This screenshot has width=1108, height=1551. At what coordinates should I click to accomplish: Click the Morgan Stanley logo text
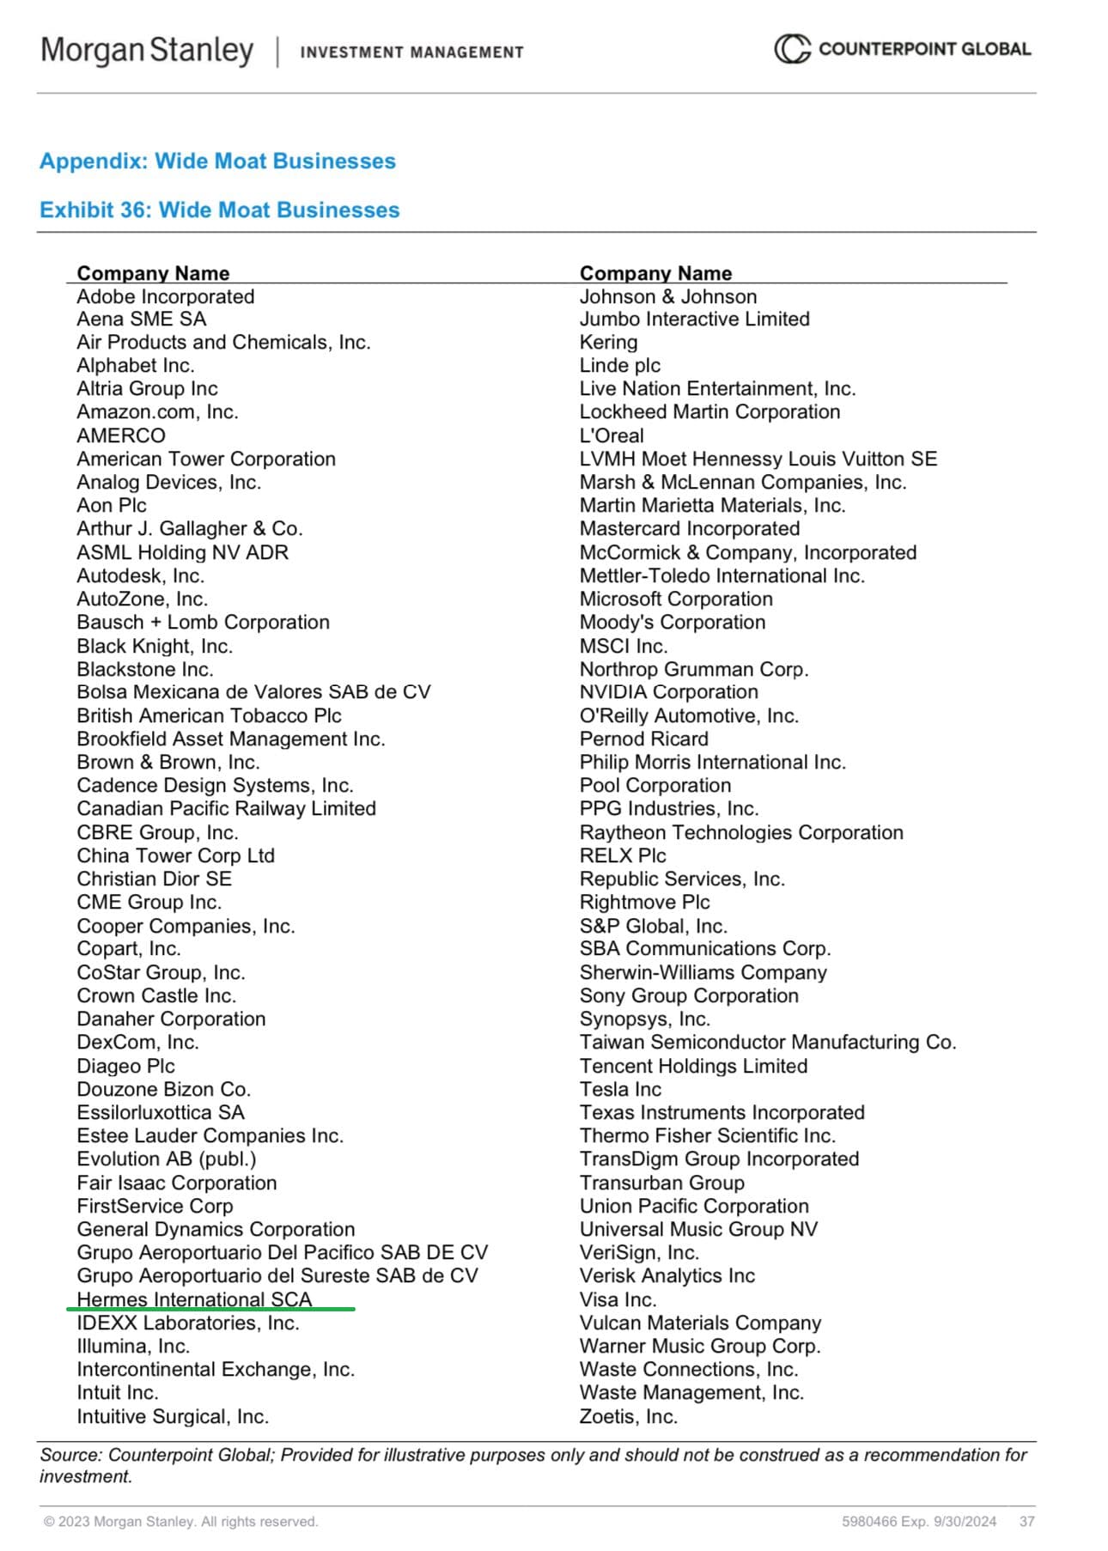(147, 51)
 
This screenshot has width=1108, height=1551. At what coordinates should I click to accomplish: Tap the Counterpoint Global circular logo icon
(791, 49)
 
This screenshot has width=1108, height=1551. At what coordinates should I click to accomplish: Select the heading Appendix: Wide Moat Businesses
(217, 161)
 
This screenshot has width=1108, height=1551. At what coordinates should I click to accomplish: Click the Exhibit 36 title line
(219, 210)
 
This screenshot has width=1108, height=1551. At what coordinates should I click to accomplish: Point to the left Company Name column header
(153, 273)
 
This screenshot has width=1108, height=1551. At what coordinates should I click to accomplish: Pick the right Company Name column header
(655, 273)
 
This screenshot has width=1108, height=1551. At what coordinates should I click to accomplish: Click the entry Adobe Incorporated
(165, 296)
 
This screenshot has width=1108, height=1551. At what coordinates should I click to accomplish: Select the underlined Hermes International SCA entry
(194, 1299)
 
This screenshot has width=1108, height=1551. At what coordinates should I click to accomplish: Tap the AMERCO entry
(121, 435)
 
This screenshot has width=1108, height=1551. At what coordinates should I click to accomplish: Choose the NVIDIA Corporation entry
(668, 692)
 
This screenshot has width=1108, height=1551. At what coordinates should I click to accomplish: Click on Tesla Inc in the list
(620, 1089)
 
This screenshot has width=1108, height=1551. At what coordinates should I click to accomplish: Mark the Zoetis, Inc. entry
(628, 1416)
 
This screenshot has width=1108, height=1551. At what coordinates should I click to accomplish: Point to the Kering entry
(608, 342)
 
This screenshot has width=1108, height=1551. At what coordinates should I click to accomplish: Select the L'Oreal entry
(611, 435)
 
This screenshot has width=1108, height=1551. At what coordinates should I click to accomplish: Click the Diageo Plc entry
(125, 1066)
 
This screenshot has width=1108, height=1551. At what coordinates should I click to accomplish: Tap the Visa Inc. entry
(618, 1299)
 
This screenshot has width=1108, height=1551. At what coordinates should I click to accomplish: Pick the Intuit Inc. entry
(118, 1392)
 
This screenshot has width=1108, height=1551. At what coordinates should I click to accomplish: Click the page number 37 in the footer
(1026, 1521)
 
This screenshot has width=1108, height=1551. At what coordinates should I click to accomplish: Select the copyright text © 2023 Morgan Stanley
(180, 1521)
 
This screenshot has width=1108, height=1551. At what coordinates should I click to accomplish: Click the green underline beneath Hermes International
(210, 1310)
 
